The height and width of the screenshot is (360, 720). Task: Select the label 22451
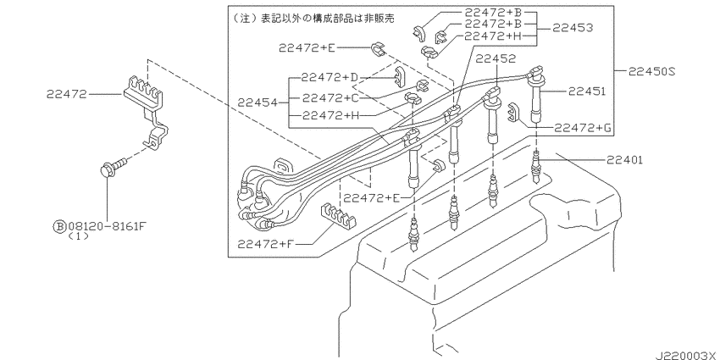point(586,91)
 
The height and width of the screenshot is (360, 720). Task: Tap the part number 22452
point(496,58)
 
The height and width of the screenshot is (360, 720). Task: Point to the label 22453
point(572,28)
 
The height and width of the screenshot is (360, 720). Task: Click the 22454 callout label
point(258,102)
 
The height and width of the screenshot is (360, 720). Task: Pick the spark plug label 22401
point(624,160)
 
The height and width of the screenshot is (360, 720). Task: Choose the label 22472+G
point(583,128)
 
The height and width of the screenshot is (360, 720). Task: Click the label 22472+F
point(265,244)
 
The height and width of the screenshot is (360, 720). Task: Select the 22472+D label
point(330,78)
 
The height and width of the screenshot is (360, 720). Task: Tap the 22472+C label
point(330,97)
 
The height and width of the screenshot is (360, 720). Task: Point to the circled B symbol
point(60,226)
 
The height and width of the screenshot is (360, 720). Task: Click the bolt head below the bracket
point(108,171)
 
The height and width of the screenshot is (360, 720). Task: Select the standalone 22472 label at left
point(67,94)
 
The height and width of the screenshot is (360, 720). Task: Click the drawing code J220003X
point(686,355)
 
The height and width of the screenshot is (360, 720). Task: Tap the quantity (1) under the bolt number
point(78,236)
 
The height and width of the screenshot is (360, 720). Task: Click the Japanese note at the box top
point(314,18)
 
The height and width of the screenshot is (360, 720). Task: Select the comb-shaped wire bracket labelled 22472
point(146,112)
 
